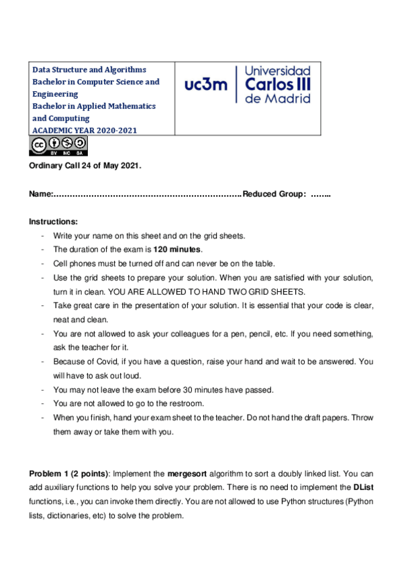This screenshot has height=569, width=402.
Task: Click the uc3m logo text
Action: click(206, 85)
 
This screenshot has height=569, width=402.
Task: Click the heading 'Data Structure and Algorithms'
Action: click(89, 70)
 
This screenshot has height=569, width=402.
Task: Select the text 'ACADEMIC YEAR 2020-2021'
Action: click(85, 130)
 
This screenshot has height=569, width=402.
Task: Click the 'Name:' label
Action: click(41, 194)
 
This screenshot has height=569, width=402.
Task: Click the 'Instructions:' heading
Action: click(54, 221)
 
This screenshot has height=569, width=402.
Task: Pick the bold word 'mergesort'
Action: click(187, 474)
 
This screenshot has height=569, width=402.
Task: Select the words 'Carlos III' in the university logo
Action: click(278, 85)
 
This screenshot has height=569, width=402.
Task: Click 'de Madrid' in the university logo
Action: click(278, 98)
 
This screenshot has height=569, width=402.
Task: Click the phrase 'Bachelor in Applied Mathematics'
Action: click(94, 106)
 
